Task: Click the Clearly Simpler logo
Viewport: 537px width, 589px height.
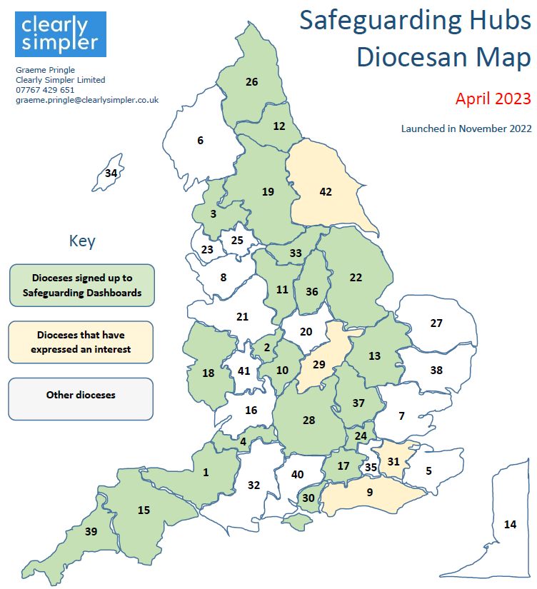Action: [60, 34]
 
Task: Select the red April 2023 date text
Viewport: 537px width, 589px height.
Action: [493, 98]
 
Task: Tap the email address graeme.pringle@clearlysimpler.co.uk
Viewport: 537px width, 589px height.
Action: [87, 101]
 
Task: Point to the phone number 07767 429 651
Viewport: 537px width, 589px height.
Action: [45, 90]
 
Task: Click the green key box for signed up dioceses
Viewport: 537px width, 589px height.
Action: [81, 285]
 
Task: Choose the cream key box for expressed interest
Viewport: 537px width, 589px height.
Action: [81, 342]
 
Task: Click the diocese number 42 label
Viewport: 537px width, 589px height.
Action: [326, 191]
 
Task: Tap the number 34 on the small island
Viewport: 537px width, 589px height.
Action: [111, 173]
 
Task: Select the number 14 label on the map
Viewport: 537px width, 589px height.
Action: [510, 524]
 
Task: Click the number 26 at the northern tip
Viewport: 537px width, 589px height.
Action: [251, 82]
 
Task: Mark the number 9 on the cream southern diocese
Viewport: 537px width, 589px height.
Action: [370, 491]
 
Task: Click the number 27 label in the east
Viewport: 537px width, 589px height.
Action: [436, 323]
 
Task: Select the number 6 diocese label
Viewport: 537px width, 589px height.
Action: [201, 140]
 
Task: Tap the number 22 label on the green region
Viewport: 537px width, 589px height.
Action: [356, 278]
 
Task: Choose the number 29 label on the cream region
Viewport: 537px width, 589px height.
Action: [319, 364]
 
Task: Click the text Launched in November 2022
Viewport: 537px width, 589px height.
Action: [466, 129]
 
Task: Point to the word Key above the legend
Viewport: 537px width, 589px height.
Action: [81, 241]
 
